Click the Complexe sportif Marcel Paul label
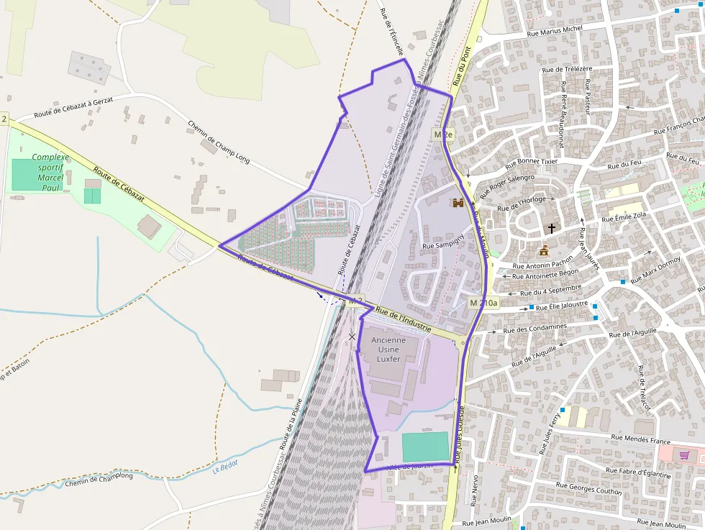coord(50,173)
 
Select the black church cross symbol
coord(552,229)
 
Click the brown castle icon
coord(458,204)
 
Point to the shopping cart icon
coord(683,454)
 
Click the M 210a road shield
coord(483,303)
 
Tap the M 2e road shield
coord(443,134)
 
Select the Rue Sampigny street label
coord(444,245)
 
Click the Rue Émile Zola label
coord(624,216)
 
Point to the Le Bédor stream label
coord(224,468)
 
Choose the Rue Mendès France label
coord(640,439)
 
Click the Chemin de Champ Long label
coord(219,142)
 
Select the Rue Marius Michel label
coord(555,31)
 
